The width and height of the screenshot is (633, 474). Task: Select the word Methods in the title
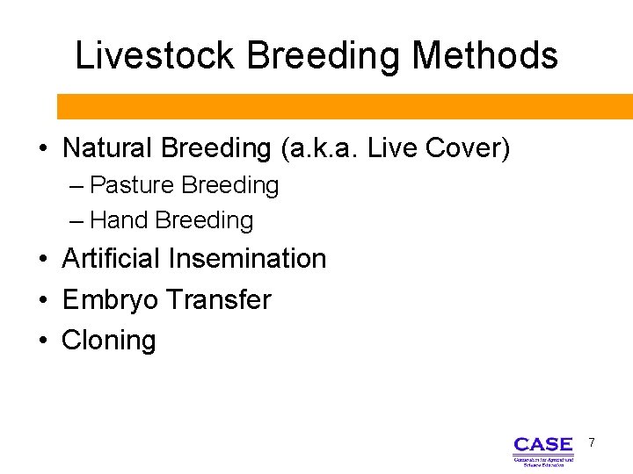coord(484,56)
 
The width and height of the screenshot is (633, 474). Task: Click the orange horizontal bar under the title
coord(345,106)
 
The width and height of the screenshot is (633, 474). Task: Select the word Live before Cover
coord(393,148)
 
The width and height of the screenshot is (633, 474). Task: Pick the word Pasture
coord(133,186)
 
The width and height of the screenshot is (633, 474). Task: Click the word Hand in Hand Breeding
coord(120,220)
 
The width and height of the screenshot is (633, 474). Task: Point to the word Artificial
coord(112,259)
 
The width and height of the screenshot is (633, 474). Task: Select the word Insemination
coord(247,259)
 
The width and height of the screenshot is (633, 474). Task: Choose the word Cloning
coord(108,341)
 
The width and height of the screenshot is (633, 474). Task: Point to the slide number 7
coord(592,442)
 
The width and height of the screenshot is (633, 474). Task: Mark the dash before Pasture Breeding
coord(76,186)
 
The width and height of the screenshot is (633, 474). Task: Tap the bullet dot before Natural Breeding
coord(42,149)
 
